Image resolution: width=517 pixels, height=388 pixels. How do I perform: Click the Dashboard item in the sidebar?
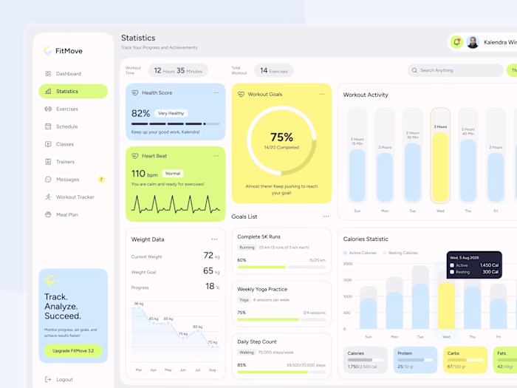[68, 74]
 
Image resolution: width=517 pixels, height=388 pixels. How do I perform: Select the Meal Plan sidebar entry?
[66, 215]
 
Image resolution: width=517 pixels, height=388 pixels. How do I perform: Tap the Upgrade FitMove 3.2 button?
[73, 351]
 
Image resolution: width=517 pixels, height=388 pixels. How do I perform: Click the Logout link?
[64, 379]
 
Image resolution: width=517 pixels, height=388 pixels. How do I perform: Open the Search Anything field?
[454, 70]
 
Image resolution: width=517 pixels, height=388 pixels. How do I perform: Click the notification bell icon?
[456, 42]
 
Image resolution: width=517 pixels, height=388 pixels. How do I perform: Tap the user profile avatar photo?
[473, 42]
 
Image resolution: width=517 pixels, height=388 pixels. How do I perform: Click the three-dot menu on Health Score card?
[216, 93]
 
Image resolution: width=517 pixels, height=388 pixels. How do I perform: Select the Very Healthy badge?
[171, 114]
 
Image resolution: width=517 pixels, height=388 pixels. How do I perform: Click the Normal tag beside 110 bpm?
[173, 174]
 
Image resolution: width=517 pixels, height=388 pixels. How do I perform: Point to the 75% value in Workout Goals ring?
[281, 137]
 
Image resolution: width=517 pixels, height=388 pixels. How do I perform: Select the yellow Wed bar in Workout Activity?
[440, 166]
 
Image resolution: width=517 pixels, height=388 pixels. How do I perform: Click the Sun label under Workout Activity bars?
[357, 211]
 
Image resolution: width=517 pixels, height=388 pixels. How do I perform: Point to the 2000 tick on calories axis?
[348, 263]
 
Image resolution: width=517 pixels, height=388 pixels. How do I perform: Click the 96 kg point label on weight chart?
[138, 304]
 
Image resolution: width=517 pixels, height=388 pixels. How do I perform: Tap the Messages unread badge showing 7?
[101, 180]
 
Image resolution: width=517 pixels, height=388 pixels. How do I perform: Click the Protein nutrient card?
[415, 359]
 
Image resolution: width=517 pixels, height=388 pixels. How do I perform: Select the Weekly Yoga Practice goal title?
[262, 289]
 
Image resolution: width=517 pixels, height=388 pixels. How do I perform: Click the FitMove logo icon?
[48, 51]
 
